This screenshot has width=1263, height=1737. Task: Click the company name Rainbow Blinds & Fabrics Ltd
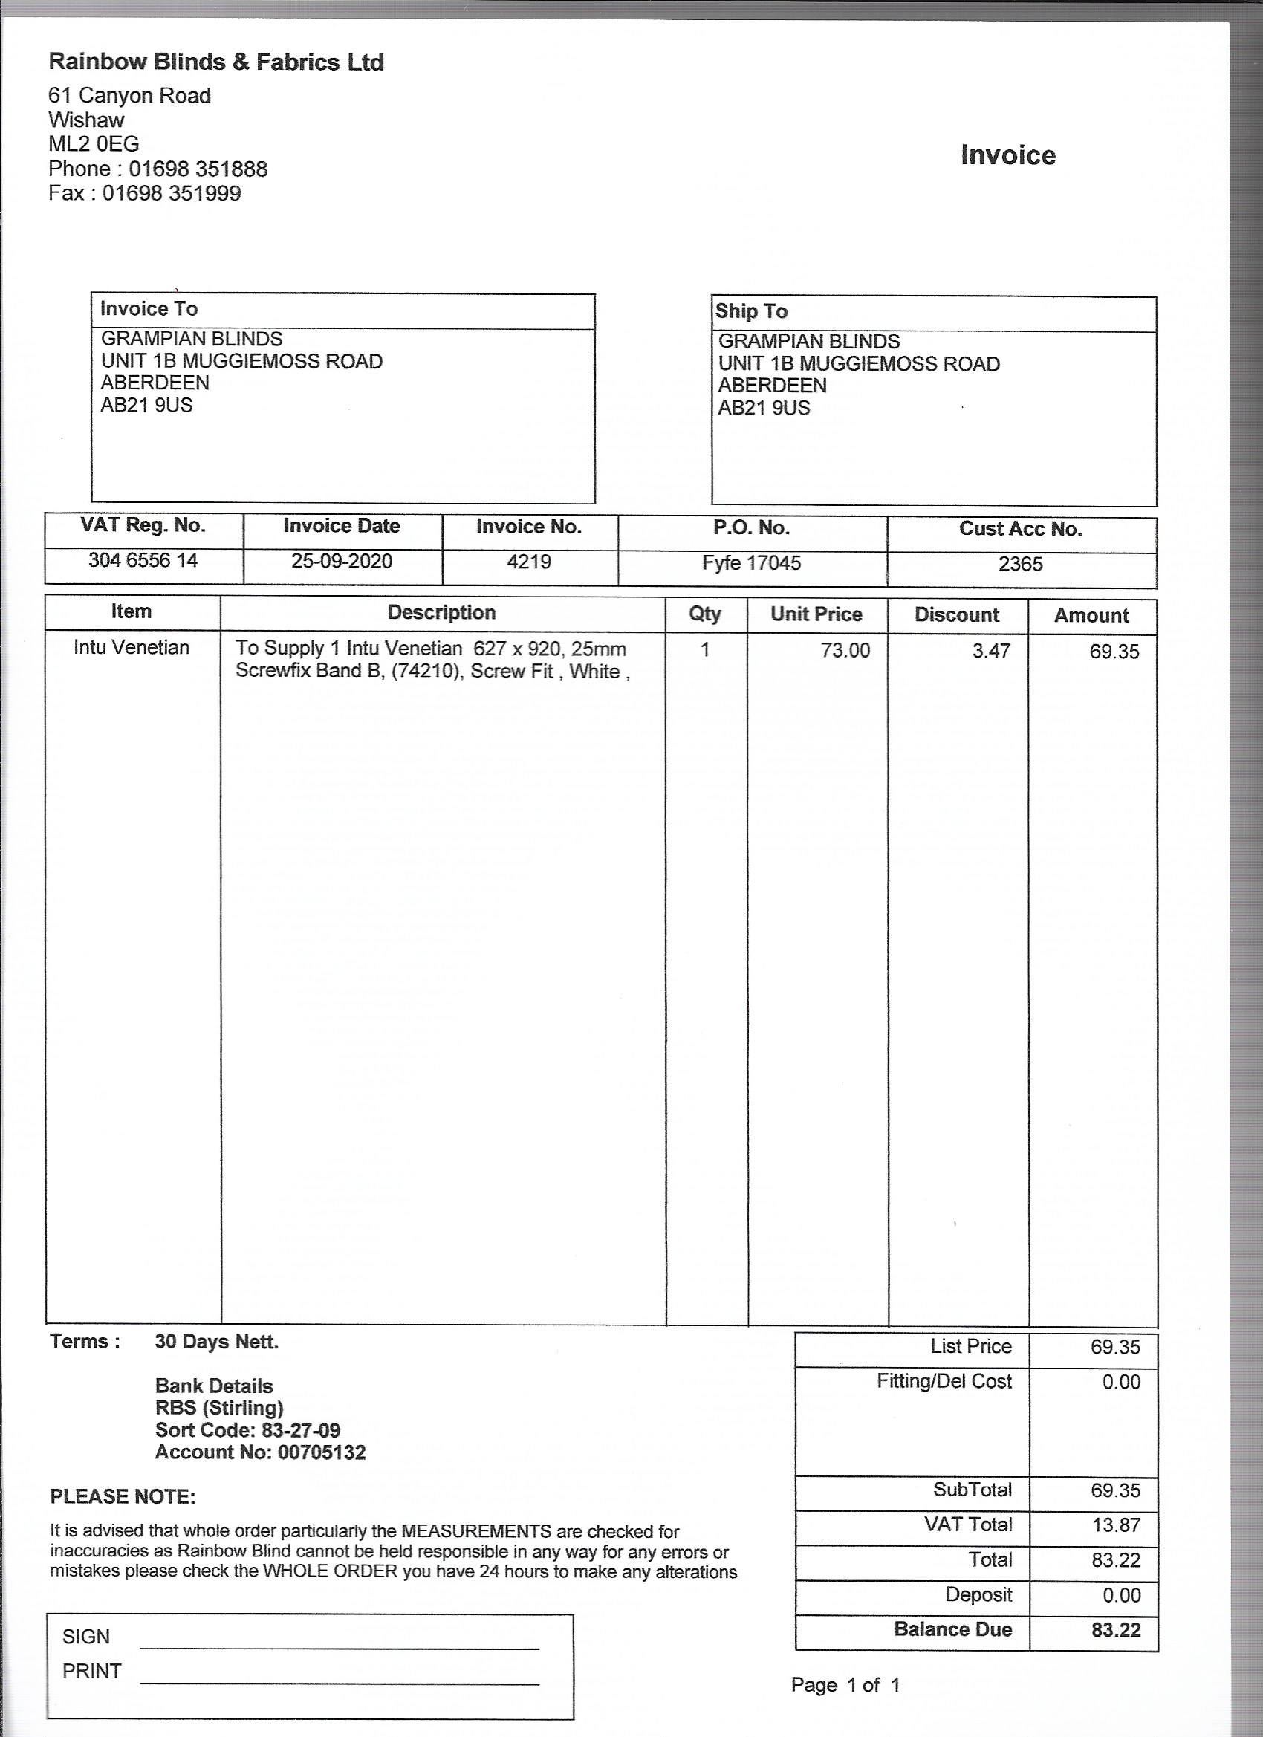(x=216, y=62)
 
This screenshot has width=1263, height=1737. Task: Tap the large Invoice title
(x=1008, y=155)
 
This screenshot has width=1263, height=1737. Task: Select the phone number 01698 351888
(x=198, y=169)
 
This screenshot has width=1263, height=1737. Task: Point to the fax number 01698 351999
(x=172, y=193)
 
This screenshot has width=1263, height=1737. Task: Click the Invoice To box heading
(x=149, y=308)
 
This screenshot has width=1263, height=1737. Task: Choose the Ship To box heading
(x=751, y=311)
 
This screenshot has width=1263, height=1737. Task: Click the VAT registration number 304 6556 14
(x=143, y=561)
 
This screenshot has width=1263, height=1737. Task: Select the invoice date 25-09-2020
(x=342, y=562)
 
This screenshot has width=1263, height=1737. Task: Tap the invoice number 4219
(x=528, y=562)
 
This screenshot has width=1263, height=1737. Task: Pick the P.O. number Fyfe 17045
(x=751, y=564)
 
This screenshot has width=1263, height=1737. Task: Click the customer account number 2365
(x=1020, y=565)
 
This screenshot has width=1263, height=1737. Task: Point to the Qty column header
(x=704, y=614)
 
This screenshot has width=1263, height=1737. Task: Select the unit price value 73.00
(x=845, y=650)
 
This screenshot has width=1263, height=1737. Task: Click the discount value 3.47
(x=991, y=651)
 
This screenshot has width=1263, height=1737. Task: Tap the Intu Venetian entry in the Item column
(x=131, y=647)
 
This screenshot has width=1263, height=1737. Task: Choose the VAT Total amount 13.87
(x=1115, y=1525)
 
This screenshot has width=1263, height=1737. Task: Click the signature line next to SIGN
(x=340, y=1645)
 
